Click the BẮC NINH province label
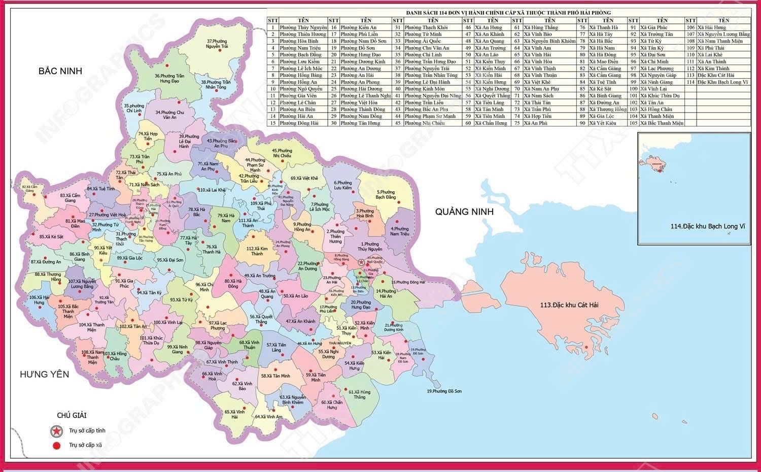60,71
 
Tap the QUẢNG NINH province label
464,212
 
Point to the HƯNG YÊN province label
44,374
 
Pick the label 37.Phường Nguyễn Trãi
217,44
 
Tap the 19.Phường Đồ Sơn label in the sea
444,391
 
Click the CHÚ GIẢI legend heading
71,415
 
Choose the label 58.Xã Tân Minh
275,376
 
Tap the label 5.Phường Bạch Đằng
386,194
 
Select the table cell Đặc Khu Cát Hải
716,75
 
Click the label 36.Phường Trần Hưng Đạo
169,78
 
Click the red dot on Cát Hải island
586,348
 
